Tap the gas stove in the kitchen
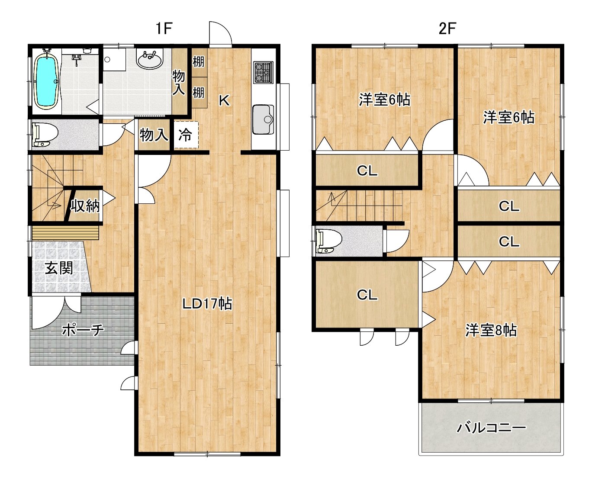click(x=263, y=73)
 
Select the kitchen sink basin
click(x=263, y=119)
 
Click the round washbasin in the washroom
click(x=150, y=60)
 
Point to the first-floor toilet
click(x=45, y=135)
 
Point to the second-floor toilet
click(x=329, y=241)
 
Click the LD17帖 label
click(x=207, y=303)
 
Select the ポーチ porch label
click(x=83, y=330)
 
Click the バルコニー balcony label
click(x=492, y=428)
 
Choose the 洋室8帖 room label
click(x=491, y=330)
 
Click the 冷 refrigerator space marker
click(x=185, y=135)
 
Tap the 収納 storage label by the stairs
click(x=85, y=206)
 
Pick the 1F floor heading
click(x=164, y=28)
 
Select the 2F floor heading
click(x=447, y=28)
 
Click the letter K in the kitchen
click(x=224, y=100)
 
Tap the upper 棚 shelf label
click(x=199, y=62)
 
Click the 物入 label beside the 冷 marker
click(x=154, y=135)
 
